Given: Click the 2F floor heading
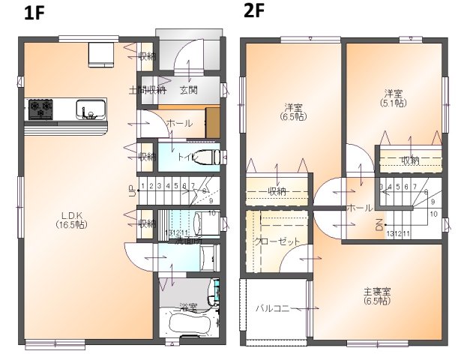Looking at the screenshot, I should (x=253, y=11).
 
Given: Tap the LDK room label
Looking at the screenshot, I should (x=72, y=219).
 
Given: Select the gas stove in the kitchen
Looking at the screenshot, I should (x=40, y=109).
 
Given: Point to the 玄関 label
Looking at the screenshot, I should (x=188, y=90).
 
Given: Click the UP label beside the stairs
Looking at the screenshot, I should (x=132, y=191).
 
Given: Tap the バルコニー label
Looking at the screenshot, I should (x=276, y=307).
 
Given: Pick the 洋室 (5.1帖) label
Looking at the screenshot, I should (x=394, y=98).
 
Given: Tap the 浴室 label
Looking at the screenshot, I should (x=188, y=307).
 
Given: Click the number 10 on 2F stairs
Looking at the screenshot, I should (x=433, y=213).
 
